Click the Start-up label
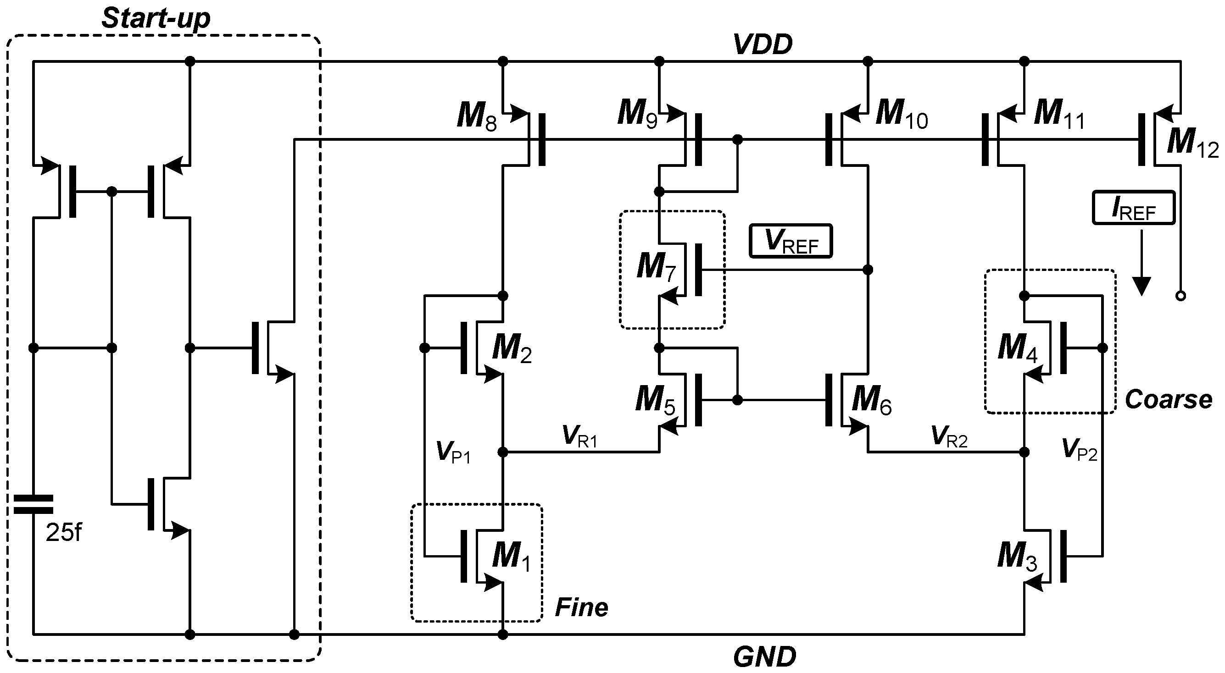coord(156,19)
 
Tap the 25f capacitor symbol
coord(33,504)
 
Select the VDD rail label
coord(763,44)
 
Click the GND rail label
coord(765,657)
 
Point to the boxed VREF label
coord(791,241)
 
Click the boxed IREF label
coord(1134,208)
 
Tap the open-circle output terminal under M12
coord(1180,296)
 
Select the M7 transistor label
coord(656,267)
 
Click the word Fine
coord(581,608)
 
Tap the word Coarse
coord(1168,400)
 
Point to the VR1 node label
coord(579,436)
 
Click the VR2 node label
coord(949,436)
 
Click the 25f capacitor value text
coord(63,533)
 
